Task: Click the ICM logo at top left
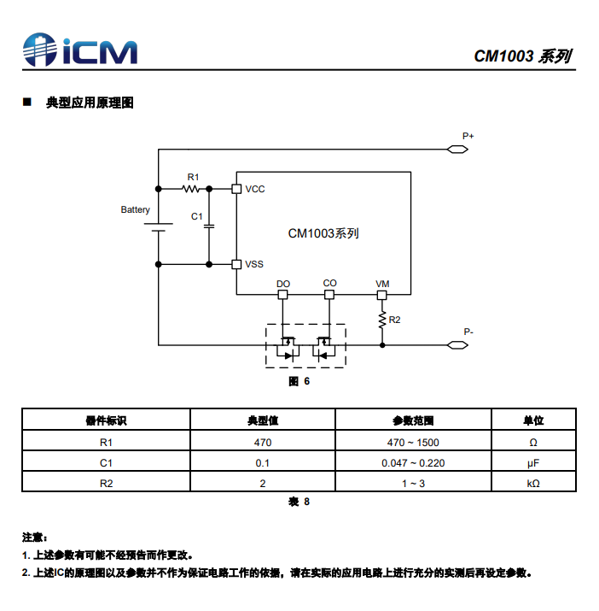(80, 50)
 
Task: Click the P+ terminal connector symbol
(457, 150)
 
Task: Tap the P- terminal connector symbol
(457, 345)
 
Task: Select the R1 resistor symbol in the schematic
(191, 189)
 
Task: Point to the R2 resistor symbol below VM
(382, 320)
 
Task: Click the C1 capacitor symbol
(209, 226)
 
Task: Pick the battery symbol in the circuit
(159, 227)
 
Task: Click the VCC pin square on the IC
(236, 189)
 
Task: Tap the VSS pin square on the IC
(236, 265)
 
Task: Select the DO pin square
(283, 295)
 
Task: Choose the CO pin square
(329, 295)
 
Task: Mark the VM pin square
(382, 295)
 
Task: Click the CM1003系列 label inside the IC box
(323, 233)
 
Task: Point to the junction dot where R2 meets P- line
(382, 345)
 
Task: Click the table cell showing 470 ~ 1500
(413, 443)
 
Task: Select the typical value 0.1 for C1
(262, 463)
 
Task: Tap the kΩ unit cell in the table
(533, 484)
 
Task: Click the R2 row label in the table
(107, 484)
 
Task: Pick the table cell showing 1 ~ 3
(413, 484)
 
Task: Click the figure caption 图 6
(299, 381)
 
